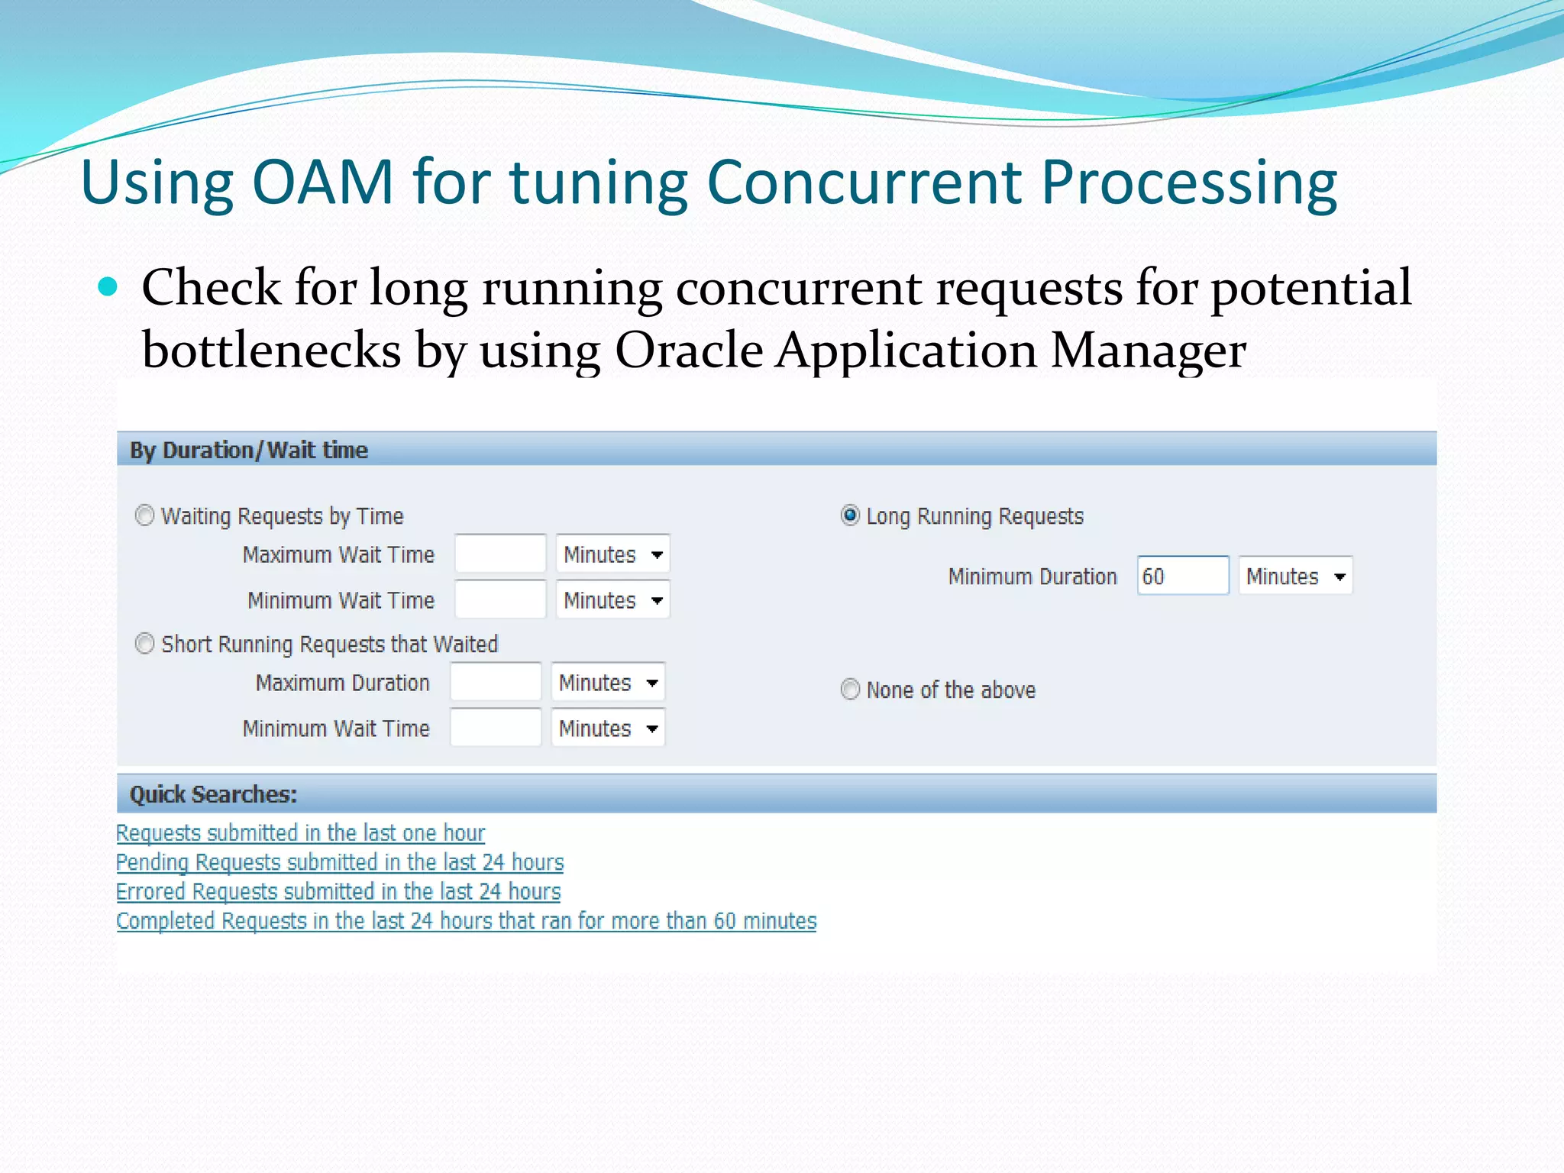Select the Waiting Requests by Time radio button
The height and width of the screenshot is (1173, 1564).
tap(144, 516)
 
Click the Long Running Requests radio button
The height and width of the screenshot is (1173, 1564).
tap(850, 516)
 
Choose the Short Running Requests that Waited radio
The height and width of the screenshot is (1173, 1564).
tap(144, 644)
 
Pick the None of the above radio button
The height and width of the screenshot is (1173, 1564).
tap(850, 690)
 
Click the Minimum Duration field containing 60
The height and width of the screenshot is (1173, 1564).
tap(1181, 576)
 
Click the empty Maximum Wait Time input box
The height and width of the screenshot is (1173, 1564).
tap(500, 554)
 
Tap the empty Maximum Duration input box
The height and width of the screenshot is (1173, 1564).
tap(496, 682)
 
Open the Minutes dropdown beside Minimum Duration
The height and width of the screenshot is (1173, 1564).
tap(1295, 576)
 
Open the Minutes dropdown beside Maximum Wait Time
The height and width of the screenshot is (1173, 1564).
tap(612, 554)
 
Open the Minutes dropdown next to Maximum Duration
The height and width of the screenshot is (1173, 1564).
tap(608, 682)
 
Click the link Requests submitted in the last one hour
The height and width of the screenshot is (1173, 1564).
tap(300, 832)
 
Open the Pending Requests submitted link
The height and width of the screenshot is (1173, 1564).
tap(340, 862)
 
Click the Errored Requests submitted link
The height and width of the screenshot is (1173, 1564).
tap(338, 891)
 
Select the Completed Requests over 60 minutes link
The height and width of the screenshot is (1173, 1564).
tap(466, 921)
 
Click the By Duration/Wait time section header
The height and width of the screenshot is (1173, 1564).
tap(249, 450)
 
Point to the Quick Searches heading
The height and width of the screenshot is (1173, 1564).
tap(213, 794)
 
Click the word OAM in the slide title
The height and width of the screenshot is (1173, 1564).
tap(323, 183)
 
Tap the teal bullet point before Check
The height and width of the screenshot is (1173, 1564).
tap(108, 287)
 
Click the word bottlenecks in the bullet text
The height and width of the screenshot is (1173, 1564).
tap(271, 351)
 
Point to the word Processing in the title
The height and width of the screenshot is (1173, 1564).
tap(1189, 183)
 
